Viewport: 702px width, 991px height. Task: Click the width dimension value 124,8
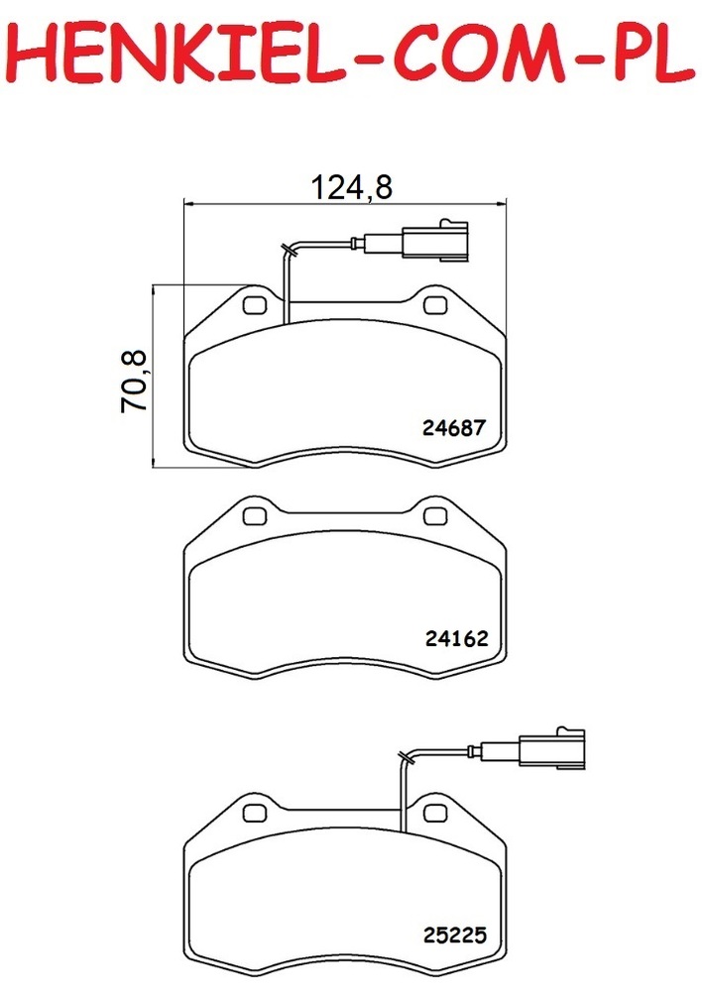352,186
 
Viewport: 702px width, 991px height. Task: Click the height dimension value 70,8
134,382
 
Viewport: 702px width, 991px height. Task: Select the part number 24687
453,428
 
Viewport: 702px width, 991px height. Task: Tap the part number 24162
457,638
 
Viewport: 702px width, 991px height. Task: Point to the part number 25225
455,935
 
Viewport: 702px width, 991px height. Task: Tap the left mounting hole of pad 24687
255,304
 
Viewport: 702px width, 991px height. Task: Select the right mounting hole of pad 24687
435,304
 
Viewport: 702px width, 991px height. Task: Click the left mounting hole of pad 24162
255,515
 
